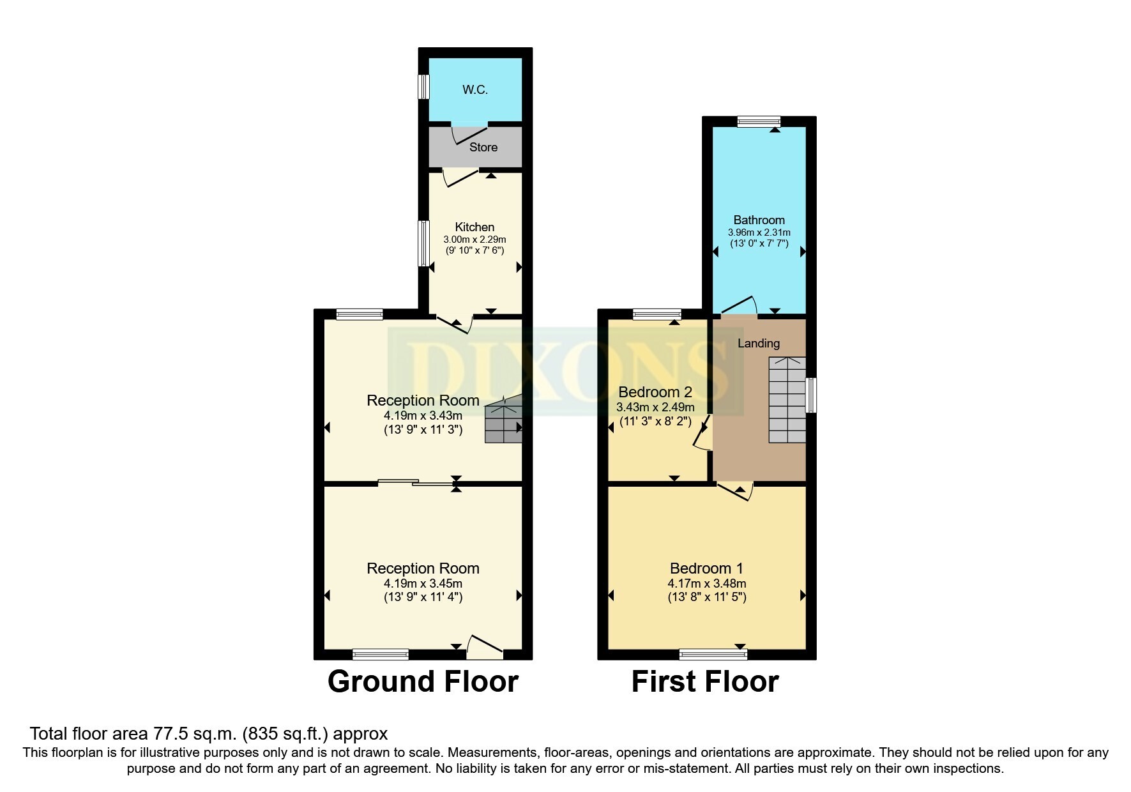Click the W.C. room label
[x=475, y=90]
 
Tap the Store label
[x=483, y=148]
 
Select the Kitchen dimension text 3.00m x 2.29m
[x=474, y=240]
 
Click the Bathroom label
[x=759, y=220]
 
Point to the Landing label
[x=759, y=344]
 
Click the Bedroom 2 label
[x=655, y=392]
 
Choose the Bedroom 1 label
[x=706, y=568]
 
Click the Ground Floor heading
[x=423, y=682]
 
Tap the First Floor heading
[x=705, y=682]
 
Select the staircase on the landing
[x=787, y=400]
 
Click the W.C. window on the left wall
[x=423, y=87]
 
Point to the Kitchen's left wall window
[x=423, y=243]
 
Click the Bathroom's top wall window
[x=759, y=121]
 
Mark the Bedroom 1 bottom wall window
[x=713, y=654]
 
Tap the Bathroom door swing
[x=740, y=305]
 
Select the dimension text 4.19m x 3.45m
[x=423, y=584]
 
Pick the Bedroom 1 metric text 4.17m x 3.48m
[x=706, y=584]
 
